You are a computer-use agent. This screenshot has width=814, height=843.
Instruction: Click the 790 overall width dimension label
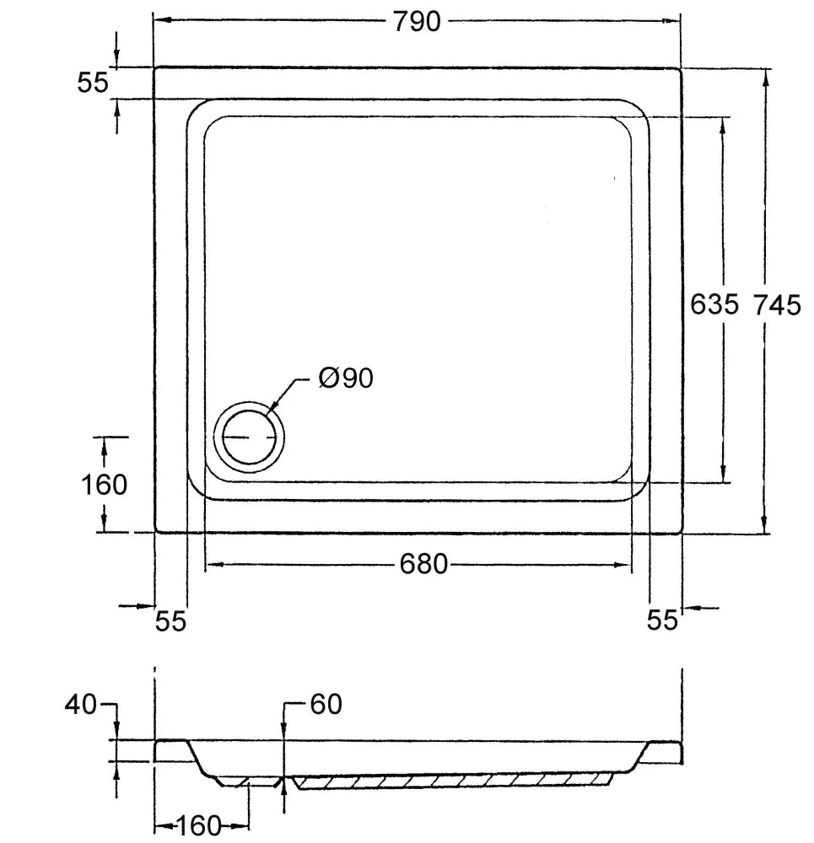click(417, 21)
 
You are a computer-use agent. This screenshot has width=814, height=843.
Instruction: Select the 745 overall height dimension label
click(777, 304)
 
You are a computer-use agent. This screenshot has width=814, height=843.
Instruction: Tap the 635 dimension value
click(714, 304)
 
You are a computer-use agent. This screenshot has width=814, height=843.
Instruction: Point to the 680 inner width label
click(423, 564)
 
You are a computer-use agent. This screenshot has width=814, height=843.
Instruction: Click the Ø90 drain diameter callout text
click(346, 379)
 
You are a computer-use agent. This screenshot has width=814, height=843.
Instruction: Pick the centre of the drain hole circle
click(250, 438)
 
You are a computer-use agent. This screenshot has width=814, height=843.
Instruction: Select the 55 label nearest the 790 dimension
click(93, 83)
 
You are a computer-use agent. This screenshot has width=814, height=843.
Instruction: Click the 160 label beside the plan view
click(104, 485)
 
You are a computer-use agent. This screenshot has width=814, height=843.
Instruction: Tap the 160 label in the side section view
click(199, 826)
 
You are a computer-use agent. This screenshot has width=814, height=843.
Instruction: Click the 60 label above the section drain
click(326, 704)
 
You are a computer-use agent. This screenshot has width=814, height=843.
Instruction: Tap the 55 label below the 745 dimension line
click(663, 620)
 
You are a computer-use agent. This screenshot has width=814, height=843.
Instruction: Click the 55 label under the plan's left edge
click(170, 621)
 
